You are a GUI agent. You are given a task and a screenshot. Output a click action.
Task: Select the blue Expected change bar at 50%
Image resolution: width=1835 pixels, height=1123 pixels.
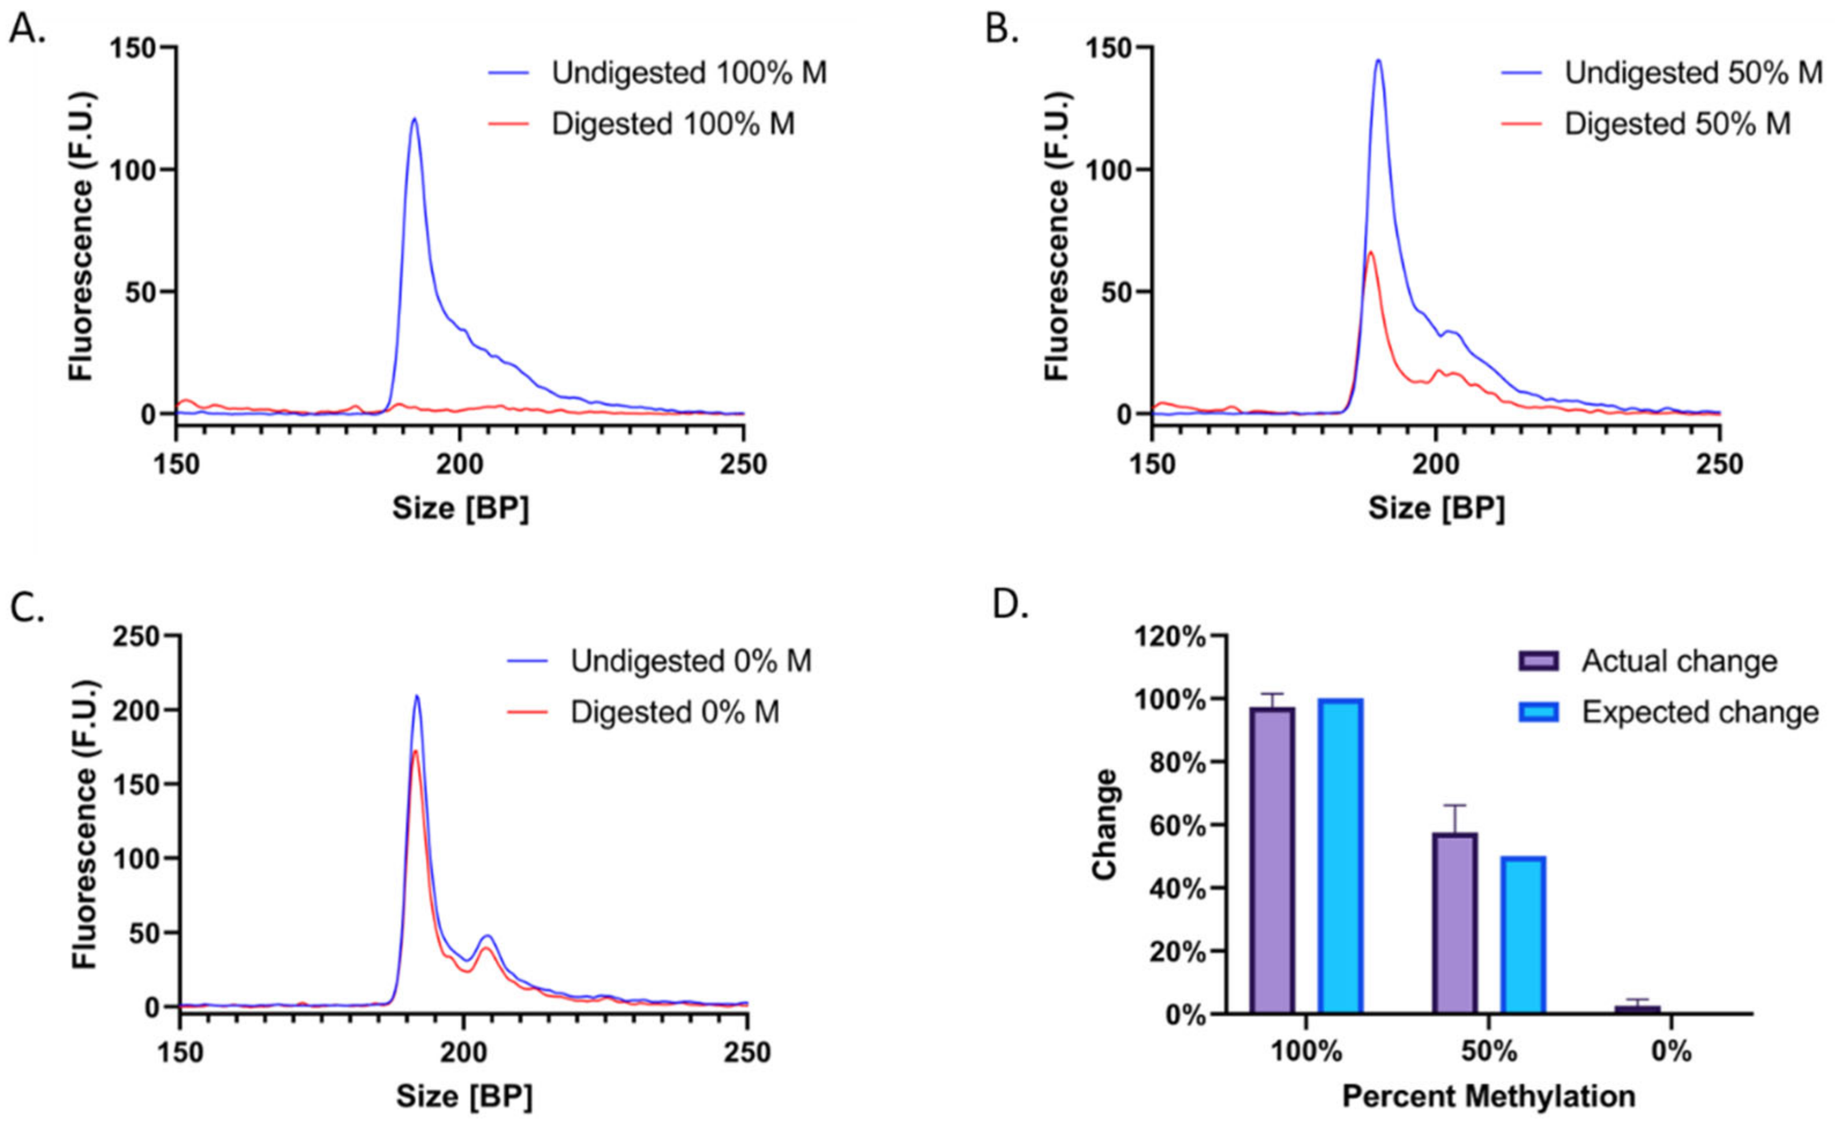pyautogui.click(x=1523, y=935)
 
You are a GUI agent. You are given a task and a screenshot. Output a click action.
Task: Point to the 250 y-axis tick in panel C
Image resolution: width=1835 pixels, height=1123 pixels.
pyautogui.click(x=137, y=637)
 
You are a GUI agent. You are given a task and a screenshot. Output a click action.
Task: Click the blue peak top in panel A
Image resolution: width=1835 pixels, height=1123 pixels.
pyautogui.click(x=414, y=119)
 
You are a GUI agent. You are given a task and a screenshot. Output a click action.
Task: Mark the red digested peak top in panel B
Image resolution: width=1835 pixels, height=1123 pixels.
pyautogui.click(x=1369, y=252)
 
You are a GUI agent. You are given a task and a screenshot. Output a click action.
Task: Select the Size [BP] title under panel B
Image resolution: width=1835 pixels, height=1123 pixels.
pyautogui.click(x=1436, y=508)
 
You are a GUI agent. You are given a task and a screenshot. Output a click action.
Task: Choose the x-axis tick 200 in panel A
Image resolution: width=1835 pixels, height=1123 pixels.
pyautogui.click(x=460, y=464)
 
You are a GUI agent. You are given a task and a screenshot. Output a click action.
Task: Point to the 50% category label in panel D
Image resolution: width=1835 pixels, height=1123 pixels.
pyautogui.click(x=1488, y=1051)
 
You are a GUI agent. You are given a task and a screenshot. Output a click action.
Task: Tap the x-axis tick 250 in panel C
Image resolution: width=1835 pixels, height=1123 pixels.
pyautogui.click(x=748, y=1053)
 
